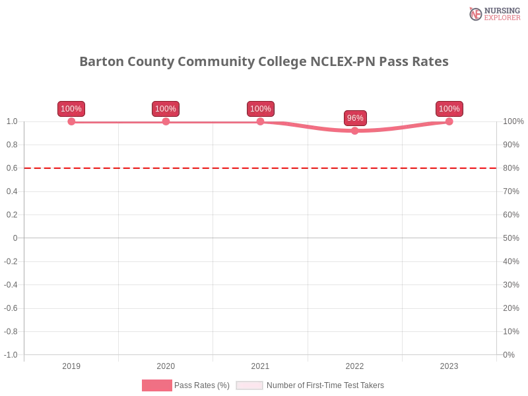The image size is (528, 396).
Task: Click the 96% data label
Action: [355, 118]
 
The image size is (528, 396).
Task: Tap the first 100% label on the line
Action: [71, 109]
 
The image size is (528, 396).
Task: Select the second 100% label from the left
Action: [166, 109]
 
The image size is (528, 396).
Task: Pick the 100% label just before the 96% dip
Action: [261, 109]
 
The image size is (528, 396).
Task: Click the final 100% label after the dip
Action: [449, 109]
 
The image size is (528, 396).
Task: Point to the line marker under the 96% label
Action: [355, 131]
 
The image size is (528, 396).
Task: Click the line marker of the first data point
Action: [71, 121]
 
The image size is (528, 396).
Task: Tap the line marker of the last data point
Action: [449, 121]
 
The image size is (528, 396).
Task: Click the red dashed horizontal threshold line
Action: [198, 168]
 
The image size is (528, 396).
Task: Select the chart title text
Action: [263, 62]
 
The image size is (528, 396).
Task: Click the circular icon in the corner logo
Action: [475, 14]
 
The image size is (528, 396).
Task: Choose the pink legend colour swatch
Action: [156, 385]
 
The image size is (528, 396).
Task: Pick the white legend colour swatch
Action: [249, 385]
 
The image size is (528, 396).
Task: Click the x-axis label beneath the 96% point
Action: [354, 364]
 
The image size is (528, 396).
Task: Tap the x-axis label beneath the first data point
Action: [71, 364]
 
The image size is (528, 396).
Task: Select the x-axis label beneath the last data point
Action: [449, 364]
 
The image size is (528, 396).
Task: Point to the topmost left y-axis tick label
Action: [13, 121]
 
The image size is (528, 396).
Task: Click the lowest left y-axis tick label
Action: [13, 353]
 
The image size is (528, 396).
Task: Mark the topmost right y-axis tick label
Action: [513, 121]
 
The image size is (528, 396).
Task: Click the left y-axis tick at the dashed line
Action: [13, 168]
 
